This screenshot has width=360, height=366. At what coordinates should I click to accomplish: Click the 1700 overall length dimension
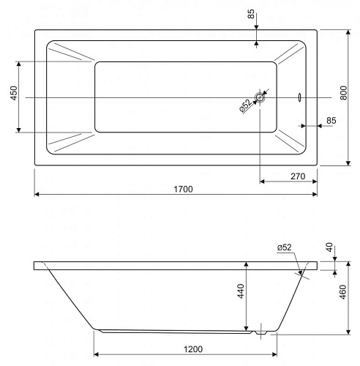[183, 189]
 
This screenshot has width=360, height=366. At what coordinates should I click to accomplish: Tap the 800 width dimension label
[343, 93]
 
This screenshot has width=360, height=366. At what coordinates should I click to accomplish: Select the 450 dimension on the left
[14, 93]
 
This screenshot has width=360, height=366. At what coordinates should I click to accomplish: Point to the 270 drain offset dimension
[298, 176]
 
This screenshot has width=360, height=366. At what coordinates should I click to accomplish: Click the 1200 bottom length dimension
[193, 349]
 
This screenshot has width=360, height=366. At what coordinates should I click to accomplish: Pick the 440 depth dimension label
[241, 291]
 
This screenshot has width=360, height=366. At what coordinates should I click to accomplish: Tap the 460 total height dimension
[343, 292]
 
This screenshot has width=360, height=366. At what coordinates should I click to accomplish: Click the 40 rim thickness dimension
[329, 247]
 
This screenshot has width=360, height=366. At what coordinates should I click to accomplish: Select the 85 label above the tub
[251, 14]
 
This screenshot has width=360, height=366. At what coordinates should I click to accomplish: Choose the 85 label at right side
[331, 121]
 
